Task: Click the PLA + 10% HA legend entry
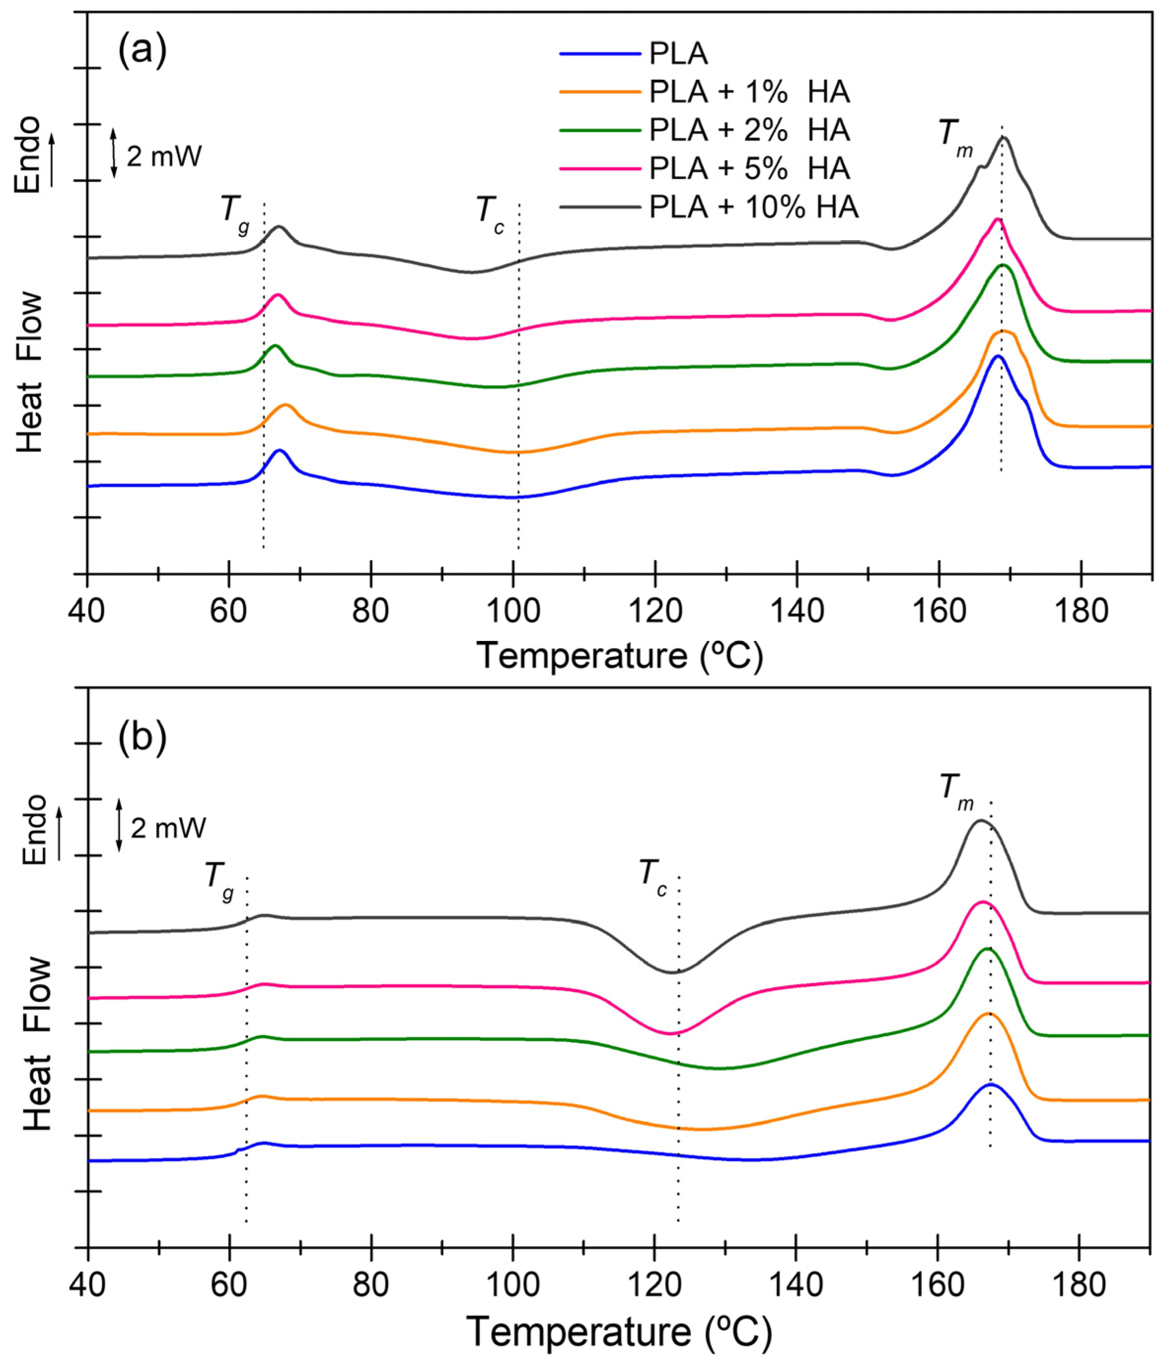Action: tap(753, 208)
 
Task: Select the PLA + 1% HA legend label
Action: tap(749, 93)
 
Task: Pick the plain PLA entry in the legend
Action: tap(678, 54)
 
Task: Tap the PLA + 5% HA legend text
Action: tap(749, 169)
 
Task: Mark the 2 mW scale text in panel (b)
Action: tap(168, 828)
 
